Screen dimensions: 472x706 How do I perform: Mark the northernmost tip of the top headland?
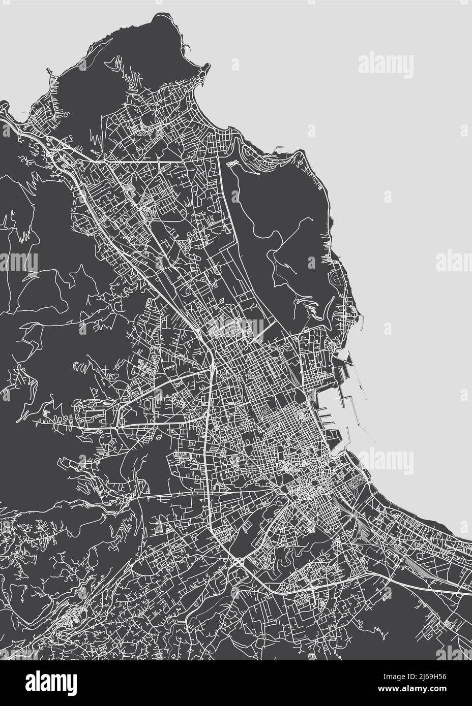pyautogui.click(x=160, y=13)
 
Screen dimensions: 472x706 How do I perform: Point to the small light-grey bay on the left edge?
pyautogui.click(x=4, y=109)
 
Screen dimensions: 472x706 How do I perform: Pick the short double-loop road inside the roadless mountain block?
pyautogui.click(x=232, y=165)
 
